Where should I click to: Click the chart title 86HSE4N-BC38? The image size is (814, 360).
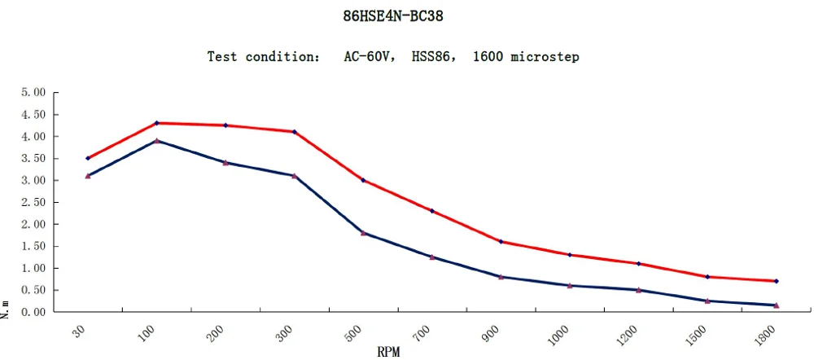(x=394, y=15)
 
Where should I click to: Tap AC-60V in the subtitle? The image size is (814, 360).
(x=367, y=57)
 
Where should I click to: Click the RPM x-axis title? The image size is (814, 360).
(x=388, y=352)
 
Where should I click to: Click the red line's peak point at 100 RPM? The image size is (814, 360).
(x=156, y=123)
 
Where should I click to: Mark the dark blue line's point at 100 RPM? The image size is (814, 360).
(x=156, y=141)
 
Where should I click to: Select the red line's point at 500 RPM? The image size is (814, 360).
(x=363, y=180)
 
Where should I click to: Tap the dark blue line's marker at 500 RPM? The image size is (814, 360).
(x=363, y=233)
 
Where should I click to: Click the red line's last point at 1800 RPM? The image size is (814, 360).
(x=777, y=281)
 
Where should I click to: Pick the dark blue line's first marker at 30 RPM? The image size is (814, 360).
(x=87, y=176)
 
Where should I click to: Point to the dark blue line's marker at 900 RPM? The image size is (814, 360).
(x=501, y=277)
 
